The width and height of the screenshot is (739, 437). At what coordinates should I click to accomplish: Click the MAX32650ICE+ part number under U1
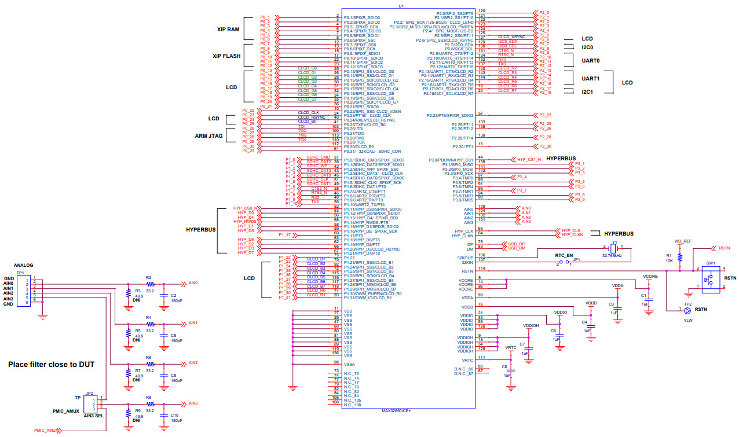click(396, 410)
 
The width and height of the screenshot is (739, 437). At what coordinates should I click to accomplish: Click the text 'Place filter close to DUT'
click(51, 365)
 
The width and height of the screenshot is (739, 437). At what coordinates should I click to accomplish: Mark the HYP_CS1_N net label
click(529, 159)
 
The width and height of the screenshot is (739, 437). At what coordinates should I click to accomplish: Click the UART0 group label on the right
click(590, 60)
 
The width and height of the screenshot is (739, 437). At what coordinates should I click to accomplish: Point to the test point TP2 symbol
click(687, 309)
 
